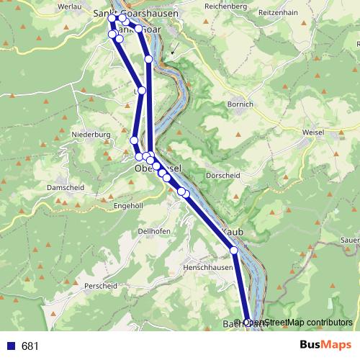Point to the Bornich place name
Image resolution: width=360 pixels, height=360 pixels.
pos(240,104)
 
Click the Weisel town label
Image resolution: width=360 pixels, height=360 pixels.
pos(314,132)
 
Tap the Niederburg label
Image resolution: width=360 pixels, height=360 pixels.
pos(91,134)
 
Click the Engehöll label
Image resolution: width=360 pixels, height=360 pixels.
pos(130,205)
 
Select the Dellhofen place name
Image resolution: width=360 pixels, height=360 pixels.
pos(153,231)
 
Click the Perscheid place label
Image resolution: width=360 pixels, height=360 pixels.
pos(100,286)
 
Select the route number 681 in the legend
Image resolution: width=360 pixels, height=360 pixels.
pos(30,346)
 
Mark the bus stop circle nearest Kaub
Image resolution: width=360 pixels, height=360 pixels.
pos(234,251)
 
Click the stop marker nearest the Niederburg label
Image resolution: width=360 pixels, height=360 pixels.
pos(134,140)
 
